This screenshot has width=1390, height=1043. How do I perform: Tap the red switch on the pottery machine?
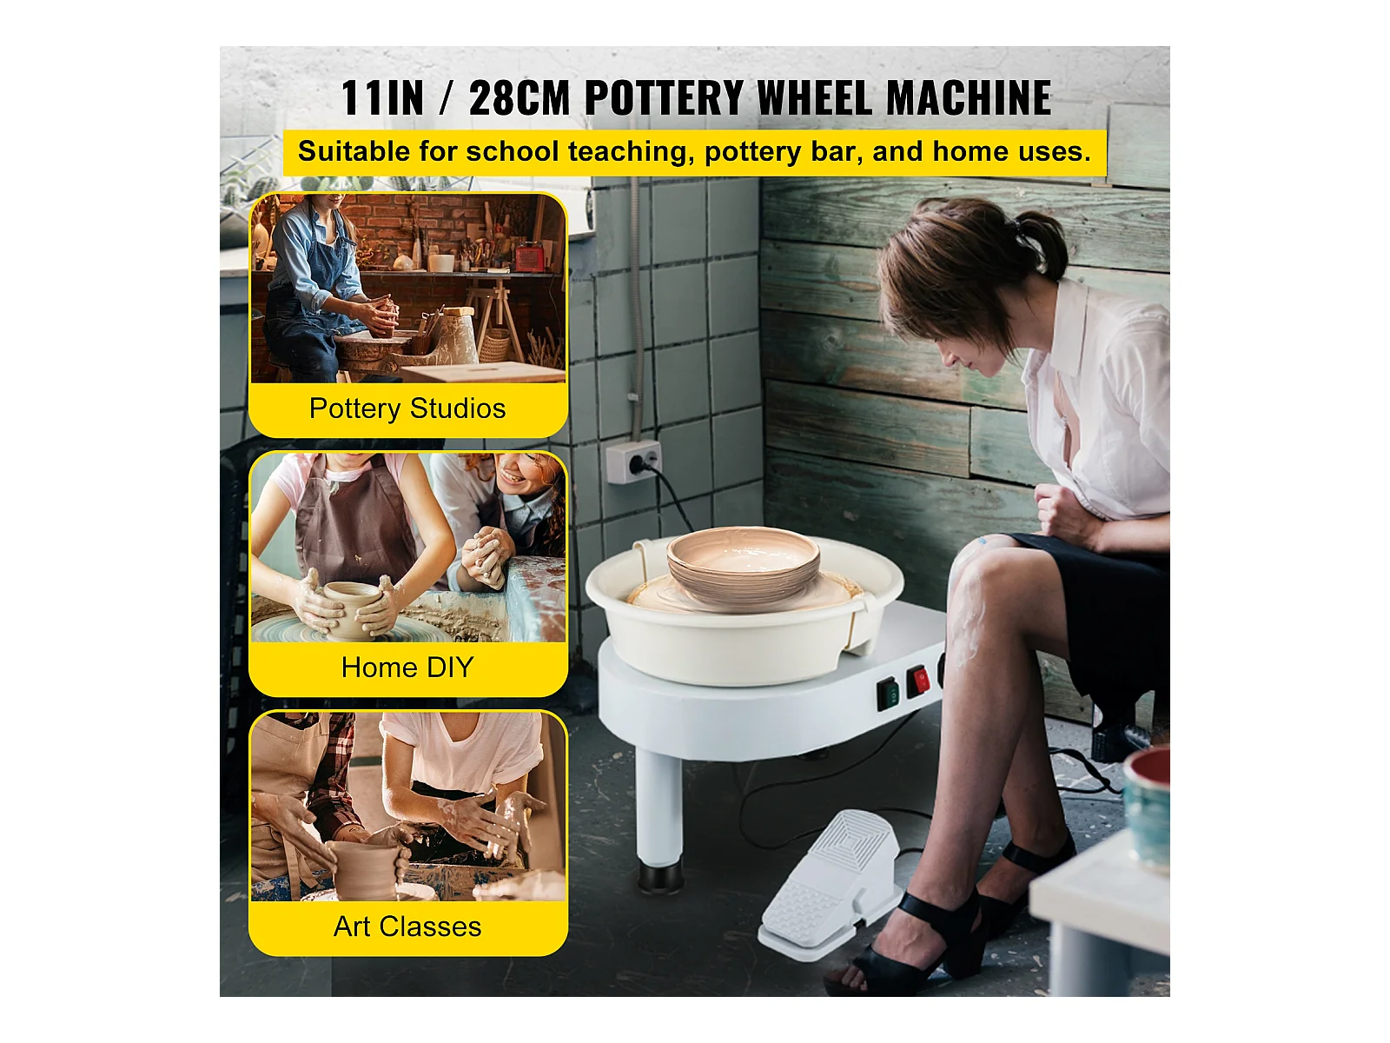(x=918, y=682)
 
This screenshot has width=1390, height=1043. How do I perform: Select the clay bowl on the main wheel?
(x=744, y=563)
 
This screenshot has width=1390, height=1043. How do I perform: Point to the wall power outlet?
(x=633, y=461)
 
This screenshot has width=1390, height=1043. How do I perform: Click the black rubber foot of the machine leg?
(x=659, y=877)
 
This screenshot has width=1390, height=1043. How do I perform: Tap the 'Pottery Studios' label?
(x=407, y=409)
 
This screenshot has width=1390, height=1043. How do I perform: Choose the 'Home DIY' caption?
(x=407, y=668)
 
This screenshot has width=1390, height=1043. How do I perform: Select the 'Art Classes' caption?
(x=407, y=927)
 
